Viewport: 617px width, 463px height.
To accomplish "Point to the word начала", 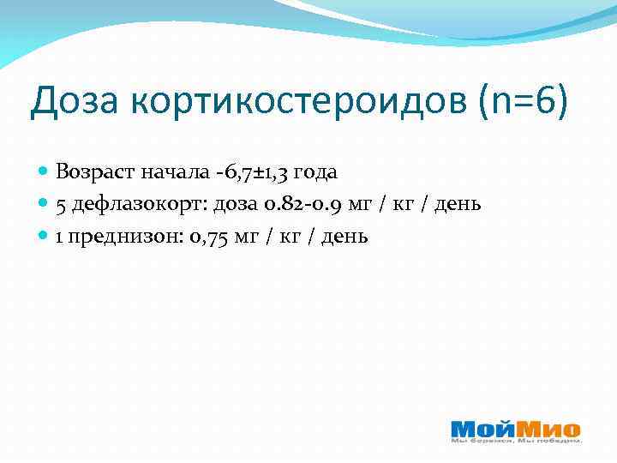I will tap(175, 172).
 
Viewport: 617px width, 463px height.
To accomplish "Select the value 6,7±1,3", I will tap(255, 172).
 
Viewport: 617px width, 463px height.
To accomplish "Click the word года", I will tap(316, 173).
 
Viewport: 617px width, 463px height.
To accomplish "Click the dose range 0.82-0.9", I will tap(297, 204).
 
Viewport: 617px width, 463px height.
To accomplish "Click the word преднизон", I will tap(120, 236).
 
